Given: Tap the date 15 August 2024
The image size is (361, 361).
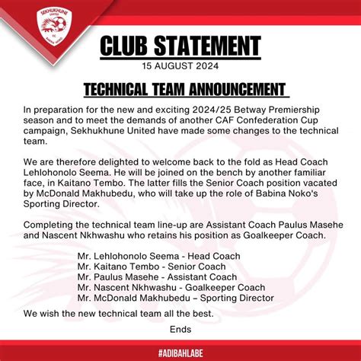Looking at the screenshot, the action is [x=180, y=65].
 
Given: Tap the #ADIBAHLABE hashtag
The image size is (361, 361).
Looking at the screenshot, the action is [x=180, y=352].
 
